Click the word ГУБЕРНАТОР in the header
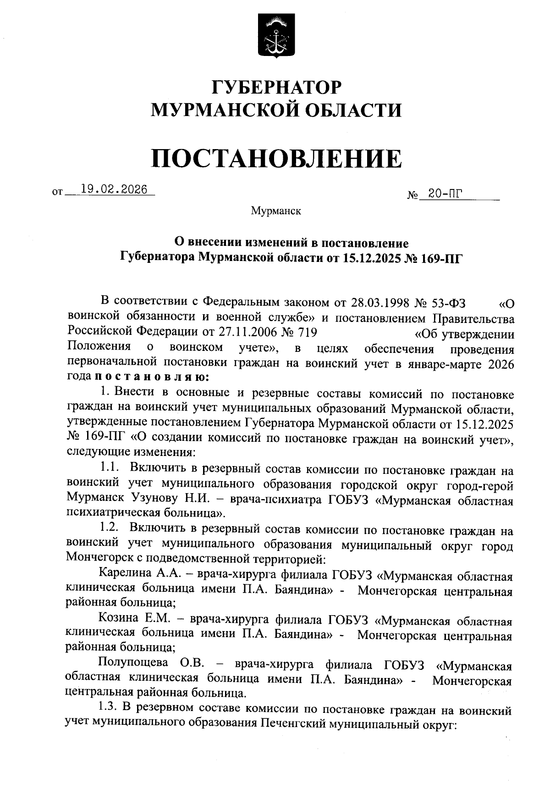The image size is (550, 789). point(276,87)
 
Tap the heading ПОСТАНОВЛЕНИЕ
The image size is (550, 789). point(276,159)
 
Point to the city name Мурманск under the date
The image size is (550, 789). point(276,211)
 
